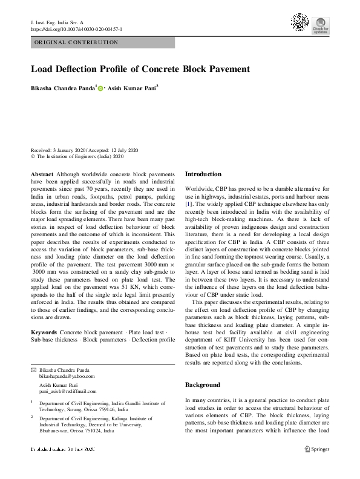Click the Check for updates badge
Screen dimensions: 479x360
pos(320,25)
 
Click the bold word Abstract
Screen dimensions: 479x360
pos(42,174)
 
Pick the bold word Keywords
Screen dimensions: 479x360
pos(44,333)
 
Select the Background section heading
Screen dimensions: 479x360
pos(203,385)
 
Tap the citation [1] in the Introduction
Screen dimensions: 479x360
pos(189,205)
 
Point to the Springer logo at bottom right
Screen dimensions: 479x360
pos(316,449)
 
